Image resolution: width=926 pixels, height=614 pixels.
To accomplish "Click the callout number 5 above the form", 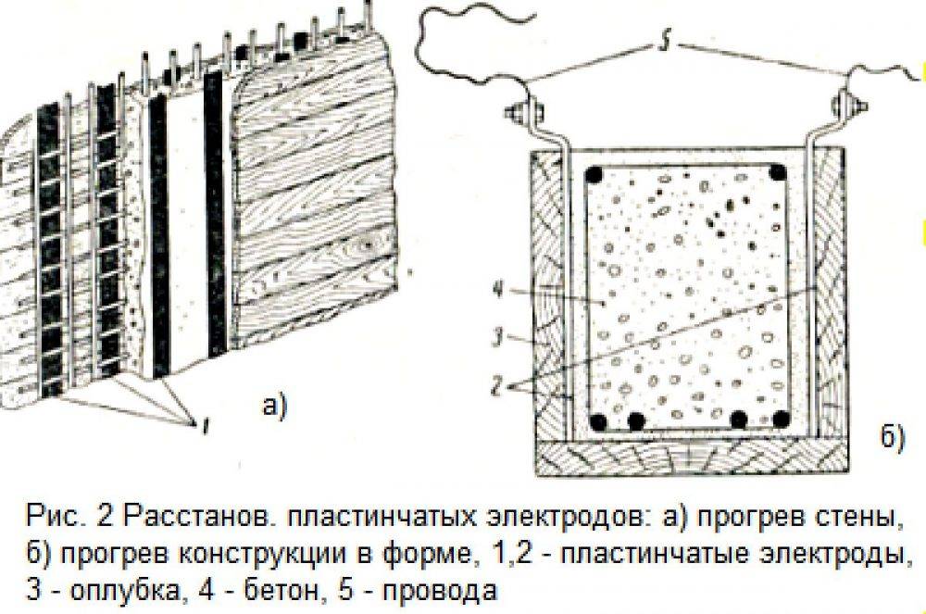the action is click(x=665, y=44).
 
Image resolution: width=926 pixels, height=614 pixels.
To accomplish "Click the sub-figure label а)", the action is click(x=273, y=406).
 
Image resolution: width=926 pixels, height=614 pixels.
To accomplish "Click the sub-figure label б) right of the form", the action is click(x=892, y=437).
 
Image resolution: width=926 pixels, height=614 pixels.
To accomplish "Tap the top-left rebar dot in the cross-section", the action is click(x=594, y=174).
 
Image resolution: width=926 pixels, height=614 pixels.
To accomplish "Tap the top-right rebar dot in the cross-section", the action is click(x=778, y=172).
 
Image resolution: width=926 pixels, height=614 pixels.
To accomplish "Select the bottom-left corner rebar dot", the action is click(x=599, y=421).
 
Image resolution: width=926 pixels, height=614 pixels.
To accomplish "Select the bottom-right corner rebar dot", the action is click(x=781, y=420).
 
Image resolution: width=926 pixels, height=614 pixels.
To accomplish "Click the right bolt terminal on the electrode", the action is click(x=849, y=107).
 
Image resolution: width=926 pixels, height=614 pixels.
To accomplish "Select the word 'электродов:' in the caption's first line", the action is click(x=565, y=518).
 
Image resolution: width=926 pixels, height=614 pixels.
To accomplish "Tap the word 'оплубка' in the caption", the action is click(x=125, y=591).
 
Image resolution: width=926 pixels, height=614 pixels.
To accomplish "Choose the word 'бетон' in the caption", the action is click(x=282, y=589).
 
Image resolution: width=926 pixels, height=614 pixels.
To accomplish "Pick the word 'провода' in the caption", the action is click(x=440, y=591).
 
